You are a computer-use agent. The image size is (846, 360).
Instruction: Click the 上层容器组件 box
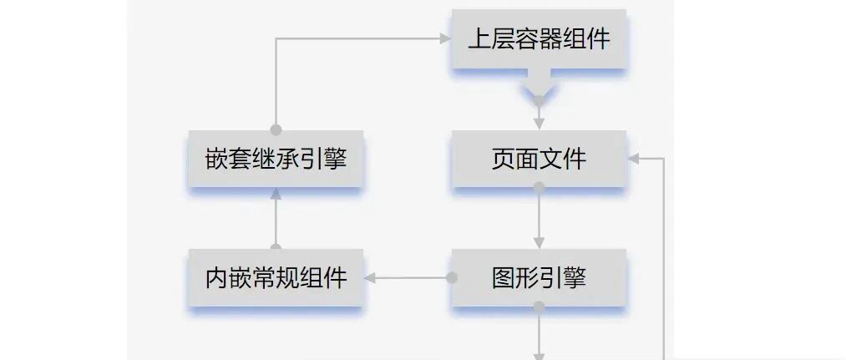tap(539, 39)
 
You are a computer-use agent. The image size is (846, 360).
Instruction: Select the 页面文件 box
tap(539, 159)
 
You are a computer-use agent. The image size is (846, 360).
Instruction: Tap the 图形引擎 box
tap(539, 278)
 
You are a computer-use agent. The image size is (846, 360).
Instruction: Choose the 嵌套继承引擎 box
tap(276, 159)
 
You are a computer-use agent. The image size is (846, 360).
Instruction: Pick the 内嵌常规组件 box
tap(276, 278)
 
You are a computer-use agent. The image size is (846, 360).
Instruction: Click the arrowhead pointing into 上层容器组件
tap(445, 38)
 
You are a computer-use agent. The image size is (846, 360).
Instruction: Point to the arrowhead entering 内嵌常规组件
tap(370, 278)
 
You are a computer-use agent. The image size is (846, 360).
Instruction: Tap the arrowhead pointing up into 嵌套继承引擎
tap(276, 194)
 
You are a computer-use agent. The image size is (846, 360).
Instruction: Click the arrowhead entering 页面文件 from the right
tap(634, 159)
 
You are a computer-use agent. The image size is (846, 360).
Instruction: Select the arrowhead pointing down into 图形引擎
tap(539, 242)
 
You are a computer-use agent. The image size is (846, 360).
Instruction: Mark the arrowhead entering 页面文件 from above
tap(539, 124)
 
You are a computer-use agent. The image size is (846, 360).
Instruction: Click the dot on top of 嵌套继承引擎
tap(276, 129)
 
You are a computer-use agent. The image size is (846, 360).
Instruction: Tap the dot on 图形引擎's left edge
tap(452, 278)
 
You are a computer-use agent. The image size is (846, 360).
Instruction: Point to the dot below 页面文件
tap(539, 188)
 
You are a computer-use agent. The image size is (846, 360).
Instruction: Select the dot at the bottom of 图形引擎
tap(539, 307)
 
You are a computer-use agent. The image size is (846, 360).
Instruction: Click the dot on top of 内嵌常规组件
tap(276, 248)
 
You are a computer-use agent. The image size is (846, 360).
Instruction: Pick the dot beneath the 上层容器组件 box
tap(539, 101)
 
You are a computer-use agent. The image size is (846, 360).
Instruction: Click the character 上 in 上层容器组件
tap(479, 39)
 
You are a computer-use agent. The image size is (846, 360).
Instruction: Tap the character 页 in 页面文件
tap(503, 159)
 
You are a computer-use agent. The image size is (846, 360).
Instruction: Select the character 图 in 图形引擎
tap(503, 278)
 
